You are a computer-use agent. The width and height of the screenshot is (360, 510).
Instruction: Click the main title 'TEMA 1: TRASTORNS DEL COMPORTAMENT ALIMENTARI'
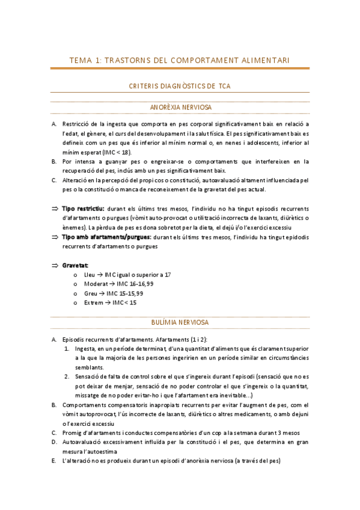[x=180, y=60]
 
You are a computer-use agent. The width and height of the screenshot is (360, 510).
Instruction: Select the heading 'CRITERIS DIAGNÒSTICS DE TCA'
[x=180, y=86]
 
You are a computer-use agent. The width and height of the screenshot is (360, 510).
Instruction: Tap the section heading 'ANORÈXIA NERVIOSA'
[x=180, y=108]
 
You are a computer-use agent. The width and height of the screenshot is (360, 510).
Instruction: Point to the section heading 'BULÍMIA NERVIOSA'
[x=180, y=322]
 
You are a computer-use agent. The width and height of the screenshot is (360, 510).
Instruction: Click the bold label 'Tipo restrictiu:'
[x=80, y=208]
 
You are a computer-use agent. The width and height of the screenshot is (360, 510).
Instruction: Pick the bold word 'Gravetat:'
[x=75, y=265]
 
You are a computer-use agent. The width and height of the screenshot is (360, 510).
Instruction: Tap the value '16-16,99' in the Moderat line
[x=141, y=284]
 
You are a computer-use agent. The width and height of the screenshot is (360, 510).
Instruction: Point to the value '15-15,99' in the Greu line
[x=132, y=293]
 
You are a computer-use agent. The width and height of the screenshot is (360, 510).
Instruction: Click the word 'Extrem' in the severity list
[x=94, y=303]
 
